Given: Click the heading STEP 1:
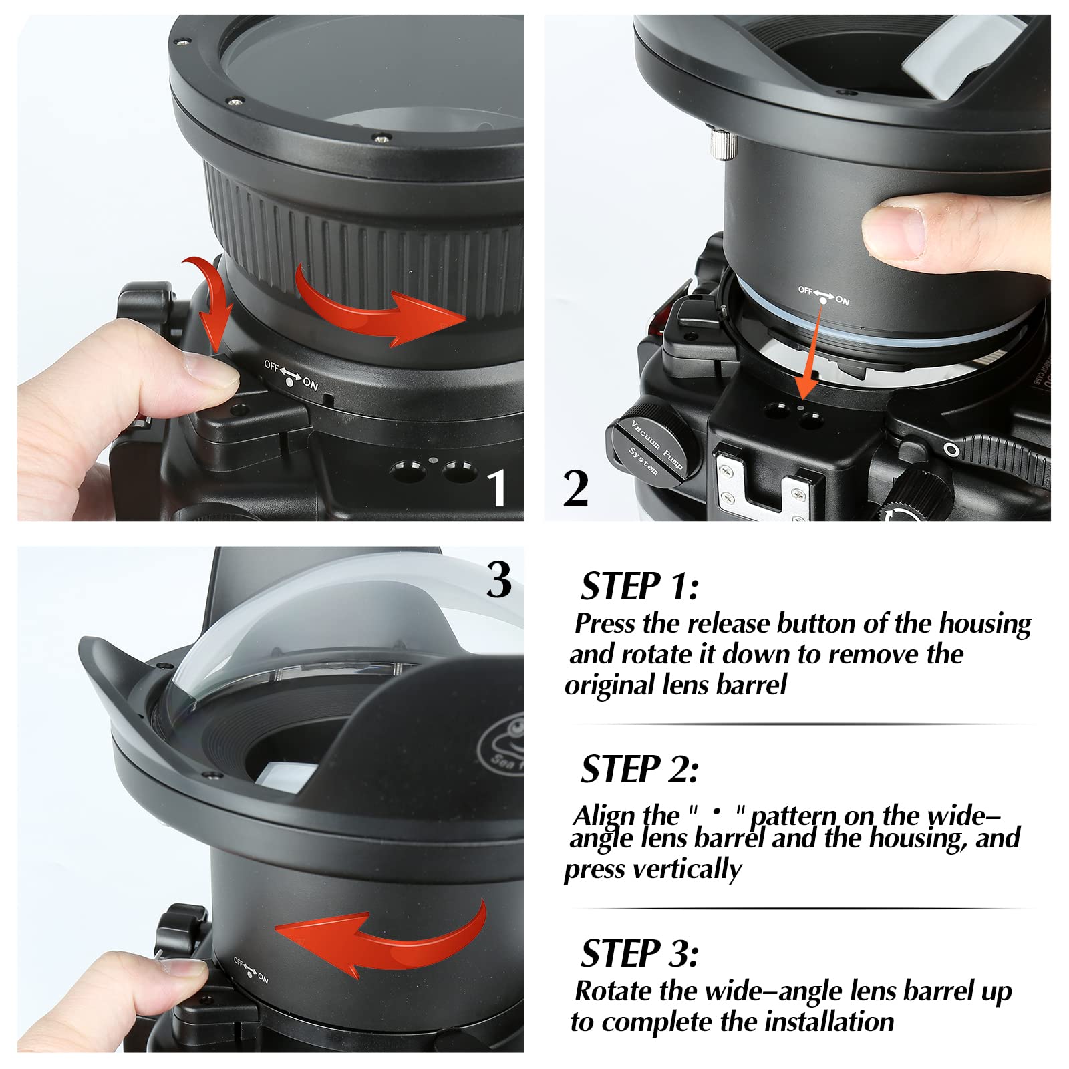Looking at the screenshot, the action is click(639, 586).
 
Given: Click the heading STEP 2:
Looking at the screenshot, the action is click(639, 769).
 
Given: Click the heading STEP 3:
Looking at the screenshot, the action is click(639, 953).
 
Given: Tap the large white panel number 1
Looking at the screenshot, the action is click(496, 487).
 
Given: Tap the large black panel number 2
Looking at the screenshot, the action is click(575, 488).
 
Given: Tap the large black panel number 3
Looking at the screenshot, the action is click(499, 579).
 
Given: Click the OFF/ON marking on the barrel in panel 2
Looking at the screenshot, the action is click(823, 295).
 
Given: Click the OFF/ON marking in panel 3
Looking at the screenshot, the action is click(251, 970).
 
